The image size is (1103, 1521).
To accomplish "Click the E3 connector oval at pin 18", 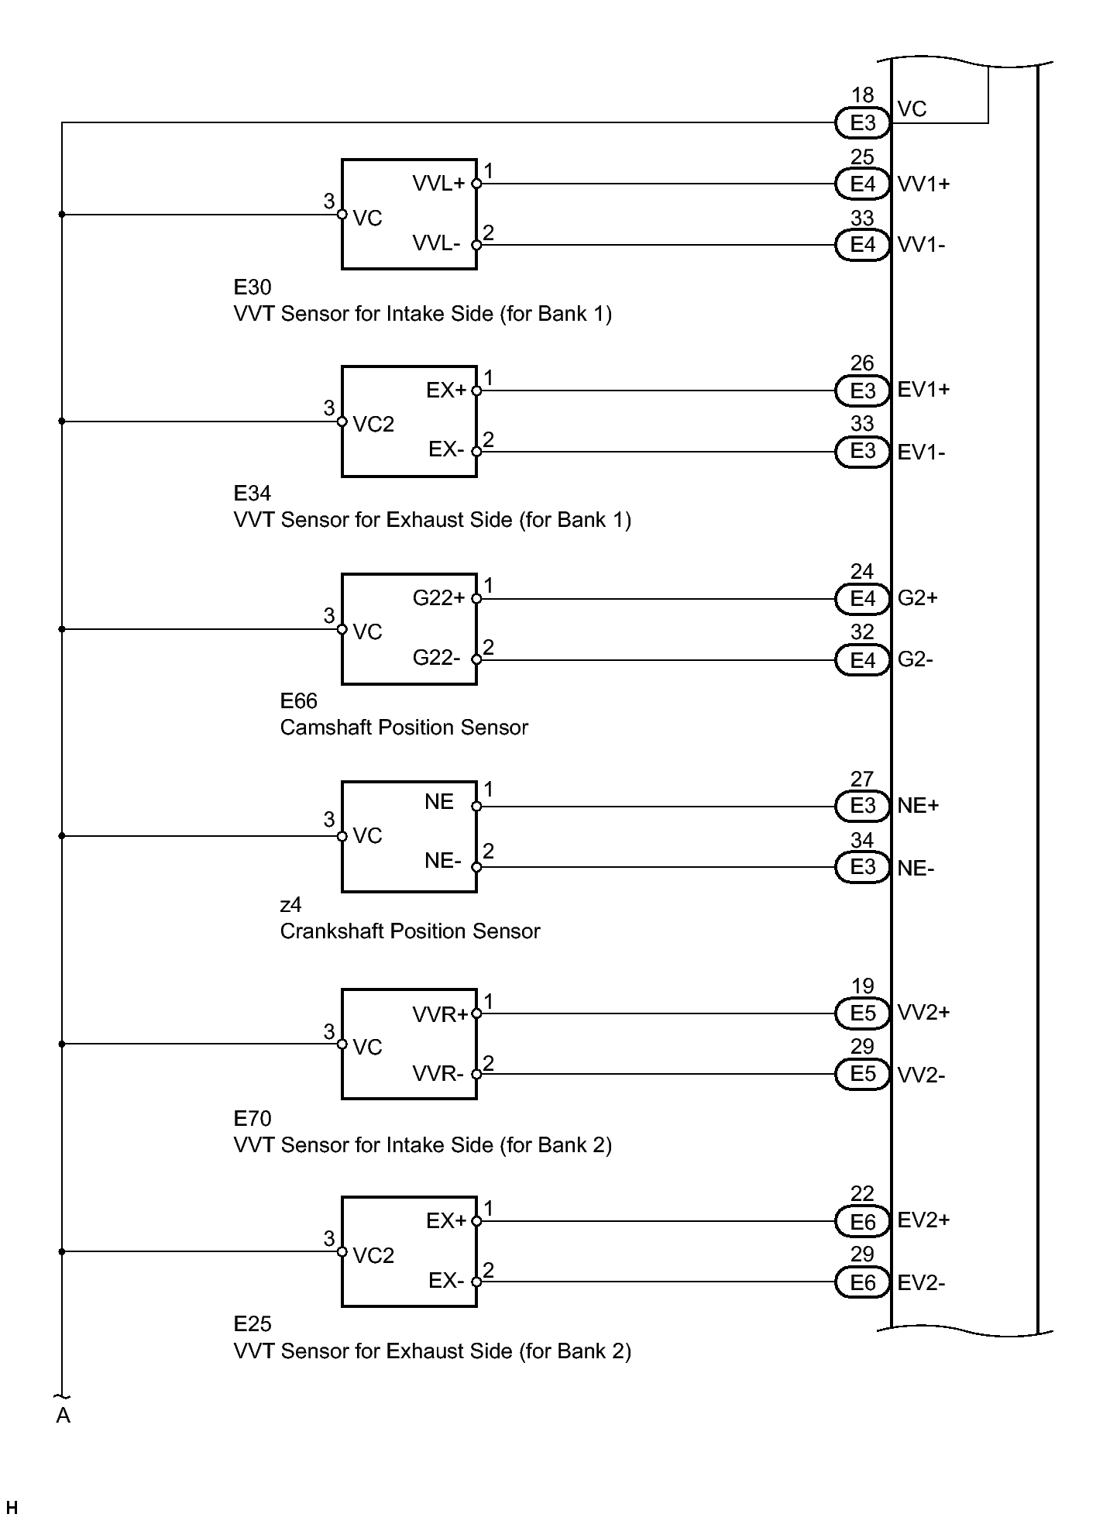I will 862,122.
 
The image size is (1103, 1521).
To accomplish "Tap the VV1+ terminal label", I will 923,184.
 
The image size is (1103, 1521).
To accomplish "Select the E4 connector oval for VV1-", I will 862,245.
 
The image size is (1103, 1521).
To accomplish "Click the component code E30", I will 253,287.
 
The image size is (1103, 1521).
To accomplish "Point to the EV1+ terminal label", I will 923,390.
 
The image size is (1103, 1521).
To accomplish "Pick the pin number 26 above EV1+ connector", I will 862,363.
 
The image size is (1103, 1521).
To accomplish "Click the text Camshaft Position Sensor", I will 404,728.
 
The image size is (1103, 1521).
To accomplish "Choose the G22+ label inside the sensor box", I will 438,597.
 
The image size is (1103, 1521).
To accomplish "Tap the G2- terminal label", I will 915,659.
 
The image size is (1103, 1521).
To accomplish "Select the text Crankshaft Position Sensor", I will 410,931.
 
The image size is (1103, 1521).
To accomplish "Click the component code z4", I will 290,905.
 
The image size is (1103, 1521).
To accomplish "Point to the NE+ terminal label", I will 918,806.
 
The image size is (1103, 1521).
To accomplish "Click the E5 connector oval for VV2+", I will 862,1013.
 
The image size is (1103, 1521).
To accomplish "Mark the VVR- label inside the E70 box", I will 438,1073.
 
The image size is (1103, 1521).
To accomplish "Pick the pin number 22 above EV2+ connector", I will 862,1194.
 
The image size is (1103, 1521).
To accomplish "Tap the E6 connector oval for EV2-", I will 862,1283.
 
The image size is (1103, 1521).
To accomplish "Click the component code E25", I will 253,1324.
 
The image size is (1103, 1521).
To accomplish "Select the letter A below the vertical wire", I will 64,1416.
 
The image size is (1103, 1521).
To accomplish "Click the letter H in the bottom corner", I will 12,1508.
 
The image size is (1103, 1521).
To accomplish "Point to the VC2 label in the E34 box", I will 373,425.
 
